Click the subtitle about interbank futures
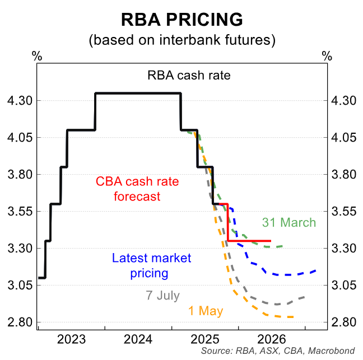[182, 40]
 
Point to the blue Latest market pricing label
[151, 265]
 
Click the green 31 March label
[289, 222]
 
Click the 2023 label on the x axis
[71, 339]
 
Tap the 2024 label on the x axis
[138, 339]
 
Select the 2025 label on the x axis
[204, 339]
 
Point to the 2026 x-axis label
[271, 339]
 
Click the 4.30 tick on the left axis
[19, 101]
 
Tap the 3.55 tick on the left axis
[19, 212]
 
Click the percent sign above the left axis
[37, 56]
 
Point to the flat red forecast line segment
[249, 241]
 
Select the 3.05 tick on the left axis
[19, 286]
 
